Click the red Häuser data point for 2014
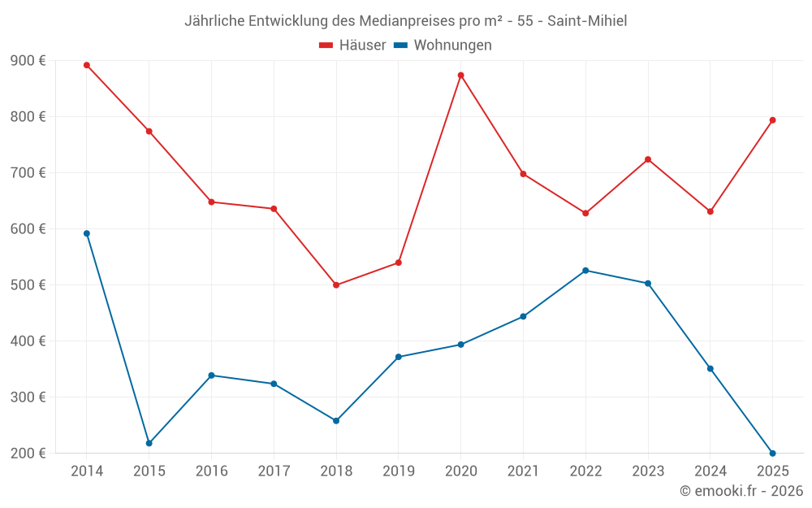pos(87,65)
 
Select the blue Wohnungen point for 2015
pos(149,443)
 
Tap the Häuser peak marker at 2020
pos(461,76)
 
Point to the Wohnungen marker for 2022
pos(585,271)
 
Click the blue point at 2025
pos(772,453)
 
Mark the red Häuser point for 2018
pos(336,284)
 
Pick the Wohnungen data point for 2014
pos(87,233)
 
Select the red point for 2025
pos(772,120)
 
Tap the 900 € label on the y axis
pos(28,61)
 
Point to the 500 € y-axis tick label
pos(28,285)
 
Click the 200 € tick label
pos(28,454)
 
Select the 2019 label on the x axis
pos(399,471)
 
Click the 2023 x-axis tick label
pos(648,471)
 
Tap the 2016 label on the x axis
pos(211,471)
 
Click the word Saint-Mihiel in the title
pos(586,20)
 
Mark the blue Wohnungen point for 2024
pos(710,369)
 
